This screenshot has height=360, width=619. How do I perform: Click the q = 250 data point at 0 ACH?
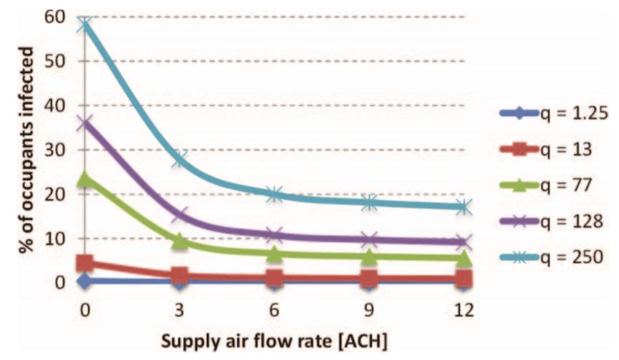85,25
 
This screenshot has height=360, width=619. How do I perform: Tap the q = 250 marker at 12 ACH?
464,207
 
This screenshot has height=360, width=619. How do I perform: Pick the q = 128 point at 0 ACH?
85,123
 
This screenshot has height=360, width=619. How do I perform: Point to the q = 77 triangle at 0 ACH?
85,177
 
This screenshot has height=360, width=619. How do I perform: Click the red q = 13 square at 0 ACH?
85,264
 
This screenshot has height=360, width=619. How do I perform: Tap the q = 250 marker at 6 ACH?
275,194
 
